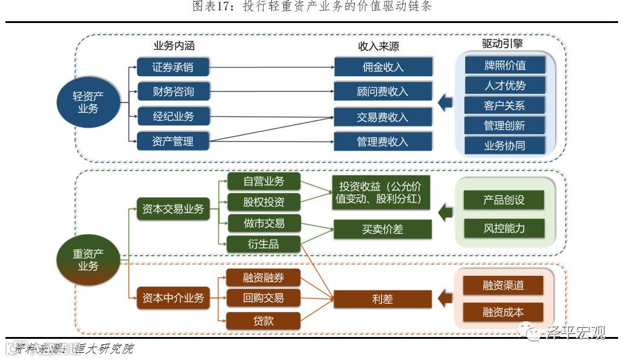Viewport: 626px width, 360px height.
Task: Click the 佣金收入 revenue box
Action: point(383,67)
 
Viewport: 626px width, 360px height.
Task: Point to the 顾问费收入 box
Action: point(383,91)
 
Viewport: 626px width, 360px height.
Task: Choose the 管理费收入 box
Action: point(383,142)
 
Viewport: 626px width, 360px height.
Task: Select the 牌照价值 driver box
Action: point(505,65)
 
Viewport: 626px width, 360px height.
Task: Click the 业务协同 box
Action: point(505,145)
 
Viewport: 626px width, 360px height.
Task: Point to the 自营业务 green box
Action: point(263,181)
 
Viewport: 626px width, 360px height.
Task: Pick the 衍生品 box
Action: point(263,244)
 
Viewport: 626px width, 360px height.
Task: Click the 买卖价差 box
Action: point(383,229)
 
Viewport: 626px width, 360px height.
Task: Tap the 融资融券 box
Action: point(263,278)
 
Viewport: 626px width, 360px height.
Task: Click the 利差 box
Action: point(383,299)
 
